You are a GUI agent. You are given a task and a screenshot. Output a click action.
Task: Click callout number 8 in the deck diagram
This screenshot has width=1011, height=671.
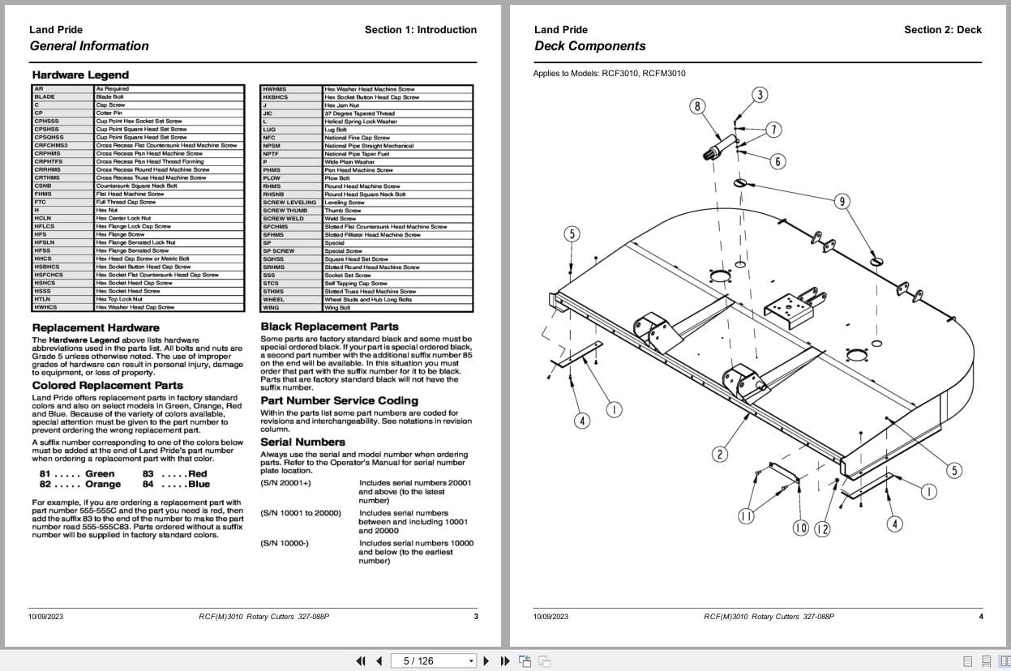point(697,106)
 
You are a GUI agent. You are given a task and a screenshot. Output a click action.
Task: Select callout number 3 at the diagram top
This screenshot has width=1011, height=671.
point(760,95)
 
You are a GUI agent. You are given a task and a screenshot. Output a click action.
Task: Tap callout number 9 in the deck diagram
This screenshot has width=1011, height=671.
point(842,202)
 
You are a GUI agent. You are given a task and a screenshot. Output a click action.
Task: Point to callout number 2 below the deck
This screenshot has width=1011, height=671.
point(720,454)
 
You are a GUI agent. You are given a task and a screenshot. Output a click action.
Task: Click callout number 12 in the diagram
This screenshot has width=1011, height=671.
point(822,529)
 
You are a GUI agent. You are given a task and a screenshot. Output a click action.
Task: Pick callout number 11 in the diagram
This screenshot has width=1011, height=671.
point(746,516)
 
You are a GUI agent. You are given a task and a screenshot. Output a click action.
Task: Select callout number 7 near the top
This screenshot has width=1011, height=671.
point(773,130)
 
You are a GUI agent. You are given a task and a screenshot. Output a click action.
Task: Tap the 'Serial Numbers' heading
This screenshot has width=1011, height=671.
point(302,442)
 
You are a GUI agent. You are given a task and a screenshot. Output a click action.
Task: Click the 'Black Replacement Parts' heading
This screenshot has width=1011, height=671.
point(329,327)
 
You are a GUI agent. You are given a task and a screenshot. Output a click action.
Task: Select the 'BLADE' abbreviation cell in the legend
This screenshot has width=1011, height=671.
point(45,96)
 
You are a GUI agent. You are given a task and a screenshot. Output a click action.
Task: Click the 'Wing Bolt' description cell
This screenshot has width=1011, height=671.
point(337,308)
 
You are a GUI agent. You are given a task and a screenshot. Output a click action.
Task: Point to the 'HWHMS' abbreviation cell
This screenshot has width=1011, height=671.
point(275,89)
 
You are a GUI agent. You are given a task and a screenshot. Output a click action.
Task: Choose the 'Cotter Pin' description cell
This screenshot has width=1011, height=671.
point(109,113)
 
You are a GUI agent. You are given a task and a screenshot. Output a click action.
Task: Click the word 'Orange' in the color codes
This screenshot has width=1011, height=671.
point(103,485)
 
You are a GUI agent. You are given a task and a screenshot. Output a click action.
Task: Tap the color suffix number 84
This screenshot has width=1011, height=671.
point(148,485)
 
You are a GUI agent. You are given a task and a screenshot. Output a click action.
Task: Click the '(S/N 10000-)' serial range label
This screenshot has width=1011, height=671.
point(284,543)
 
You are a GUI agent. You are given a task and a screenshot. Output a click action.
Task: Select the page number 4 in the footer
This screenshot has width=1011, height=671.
point(980,617)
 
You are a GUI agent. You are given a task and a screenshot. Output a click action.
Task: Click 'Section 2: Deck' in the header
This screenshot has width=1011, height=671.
point(942,30)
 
